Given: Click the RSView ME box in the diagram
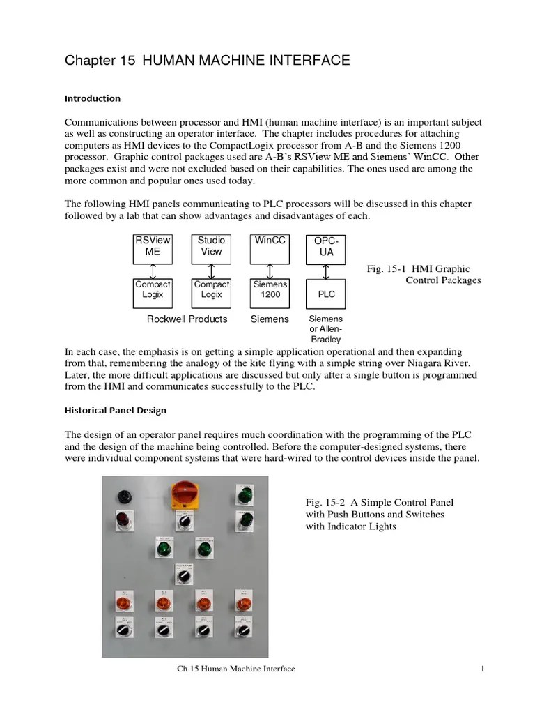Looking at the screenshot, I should pyautogui.click(x=153, y=249).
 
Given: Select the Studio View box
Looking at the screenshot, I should pyautogui.click(x=211, y=249).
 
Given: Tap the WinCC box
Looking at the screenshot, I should pyautogui.click(x=270, y=249).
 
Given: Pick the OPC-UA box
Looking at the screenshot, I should pyautogui.click(x=326, y=249).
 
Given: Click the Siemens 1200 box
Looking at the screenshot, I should pyautogui.click(x=270, y=293).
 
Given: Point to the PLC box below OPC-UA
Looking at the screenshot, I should pyautogui.click(x=326, y=294).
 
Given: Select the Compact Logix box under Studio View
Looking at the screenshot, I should pyautogui.click(x=211, y=293).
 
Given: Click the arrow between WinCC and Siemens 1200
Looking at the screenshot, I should pyautogui.click(x=270, y=271).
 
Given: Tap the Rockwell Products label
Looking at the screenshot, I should pyautogui.click(x=187, y=319).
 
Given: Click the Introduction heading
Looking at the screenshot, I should pyautogui.click(x=93, y=98).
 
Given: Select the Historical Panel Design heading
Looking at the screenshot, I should pyautogui.click(x=116, y=410).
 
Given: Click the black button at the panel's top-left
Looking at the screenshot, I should pyautogui.click(x=123, y=496).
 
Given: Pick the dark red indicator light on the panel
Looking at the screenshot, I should pyautogui.click(x=123, y=519).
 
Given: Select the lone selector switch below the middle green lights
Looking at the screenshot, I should pyautogui.click(x=183, y=576).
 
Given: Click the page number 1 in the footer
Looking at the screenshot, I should pyautogui.click(x=482, y=669).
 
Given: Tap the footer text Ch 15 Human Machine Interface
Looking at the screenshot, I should pyautogui.click(x=235, y=669).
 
